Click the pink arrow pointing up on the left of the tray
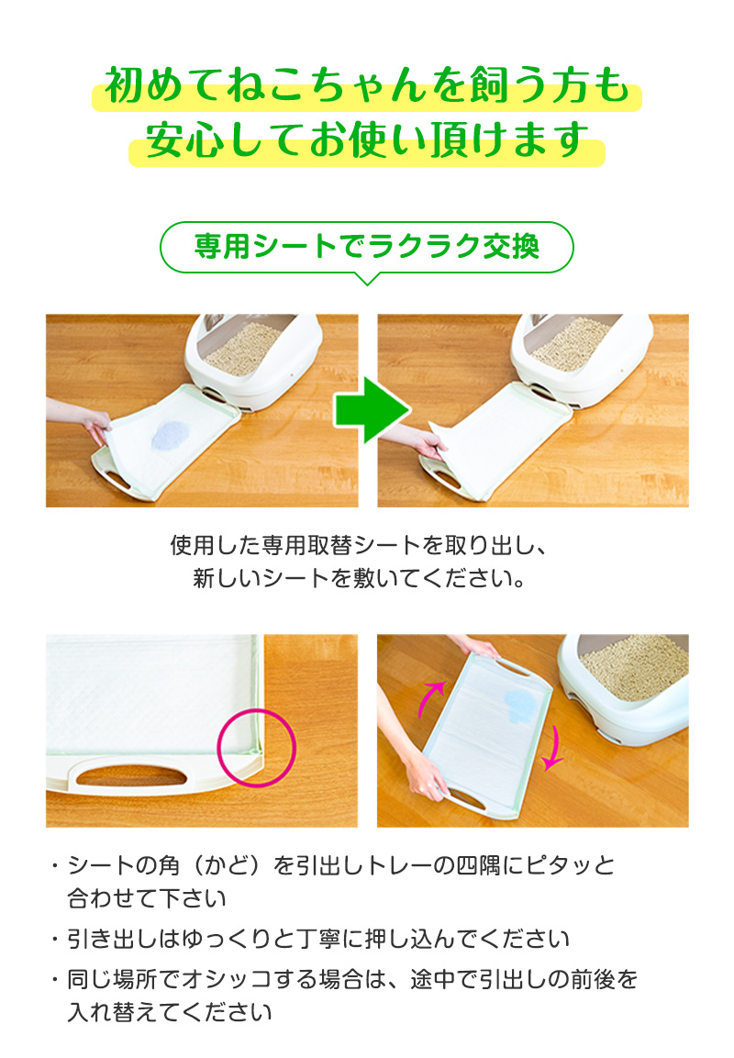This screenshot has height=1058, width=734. point(429,698)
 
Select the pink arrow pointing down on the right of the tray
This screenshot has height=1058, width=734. point(554,748)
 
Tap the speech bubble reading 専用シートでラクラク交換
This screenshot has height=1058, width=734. point(367,247)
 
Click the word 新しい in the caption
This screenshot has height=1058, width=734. point(227,578)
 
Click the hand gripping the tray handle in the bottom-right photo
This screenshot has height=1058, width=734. point(424,776)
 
